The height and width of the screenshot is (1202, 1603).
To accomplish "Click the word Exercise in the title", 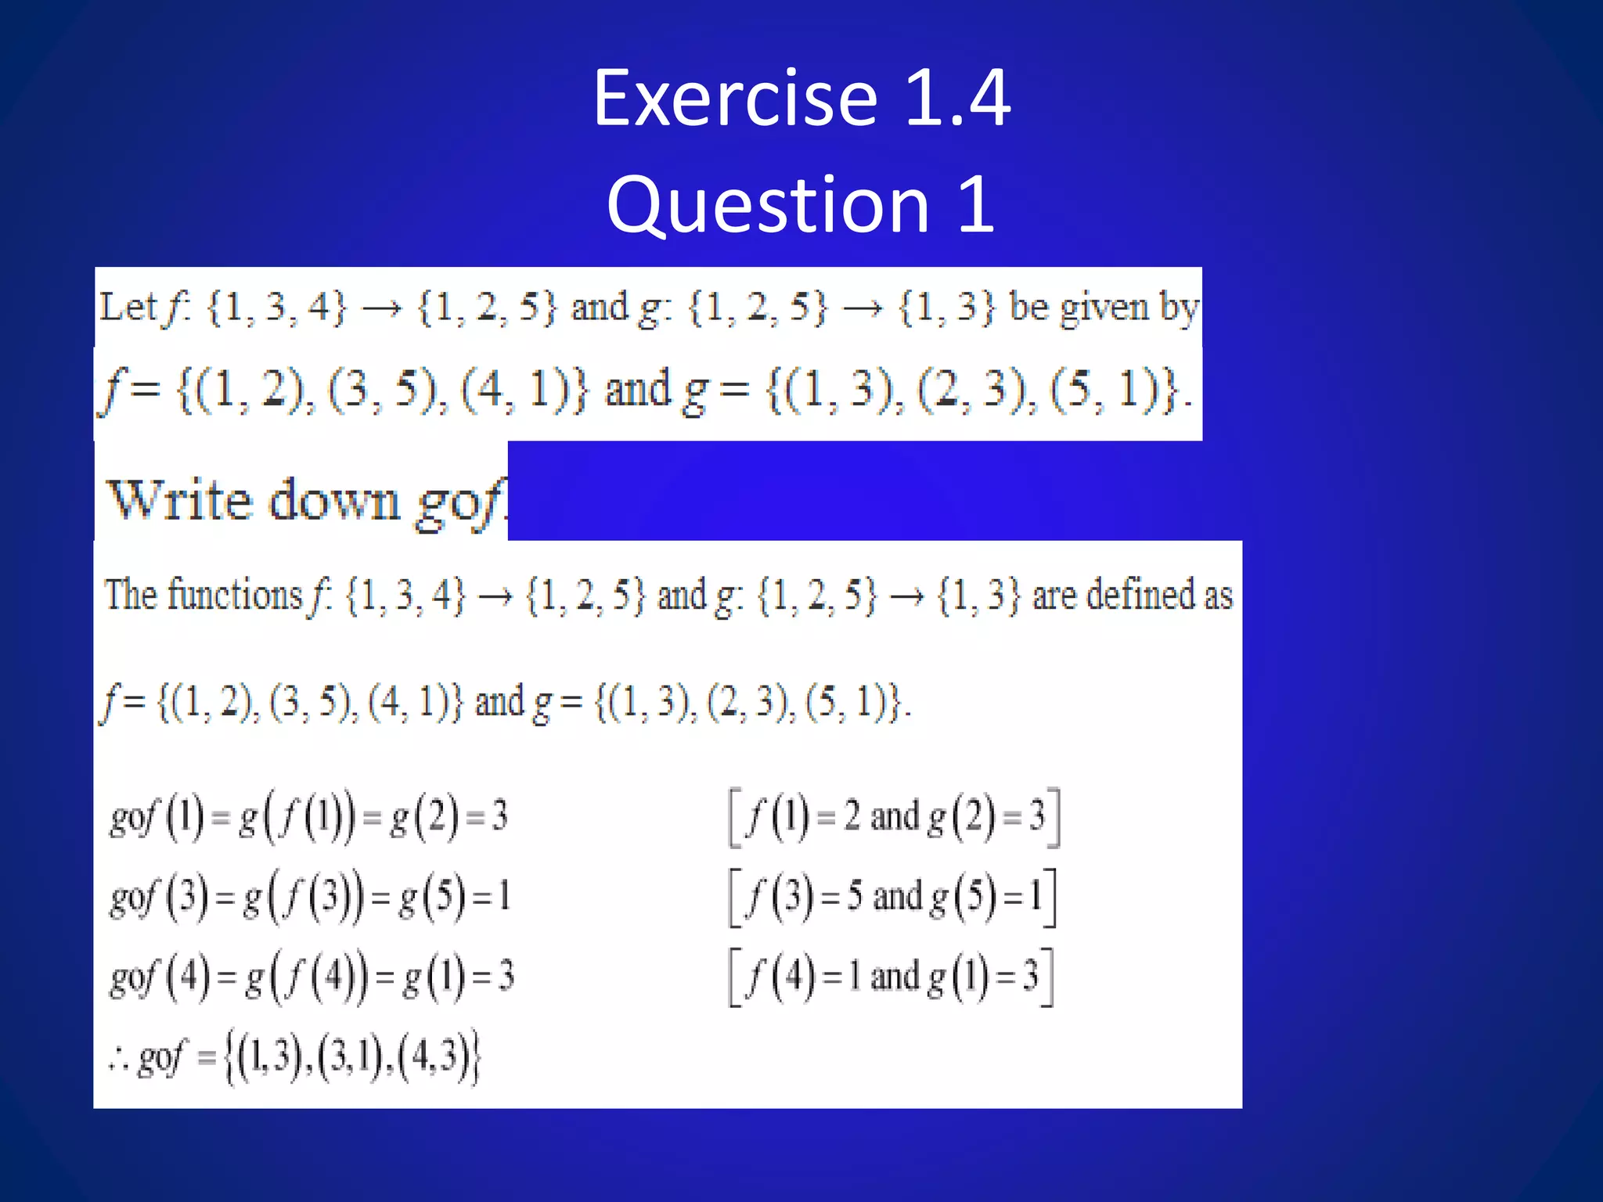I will [x=735, y=99].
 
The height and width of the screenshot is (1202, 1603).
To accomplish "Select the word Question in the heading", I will [x=768, y=205].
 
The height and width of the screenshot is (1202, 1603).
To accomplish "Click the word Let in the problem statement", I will [x=128, y=307].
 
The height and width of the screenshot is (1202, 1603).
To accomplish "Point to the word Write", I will [x=180, y=500].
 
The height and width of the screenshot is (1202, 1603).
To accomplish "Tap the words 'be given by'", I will [x=1104, y=307].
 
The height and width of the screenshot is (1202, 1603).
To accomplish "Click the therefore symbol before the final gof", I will [x=118, y=1060].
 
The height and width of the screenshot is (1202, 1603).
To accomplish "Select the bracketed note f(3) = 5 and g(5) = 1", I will [x=893, y=898].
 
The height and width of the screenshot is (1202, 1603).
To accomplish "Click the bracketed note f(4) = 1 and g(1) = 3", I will [x=892, y=977].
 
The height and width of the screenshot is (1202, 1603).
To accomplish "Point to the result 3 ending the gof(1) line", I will [x=499, y=817].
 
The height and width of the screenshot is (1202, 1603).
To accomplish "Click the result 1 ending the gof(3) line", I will [x=504, y=897].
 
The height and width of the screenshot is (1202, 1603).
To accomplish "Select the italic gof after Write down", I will [x=460, y=502].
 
